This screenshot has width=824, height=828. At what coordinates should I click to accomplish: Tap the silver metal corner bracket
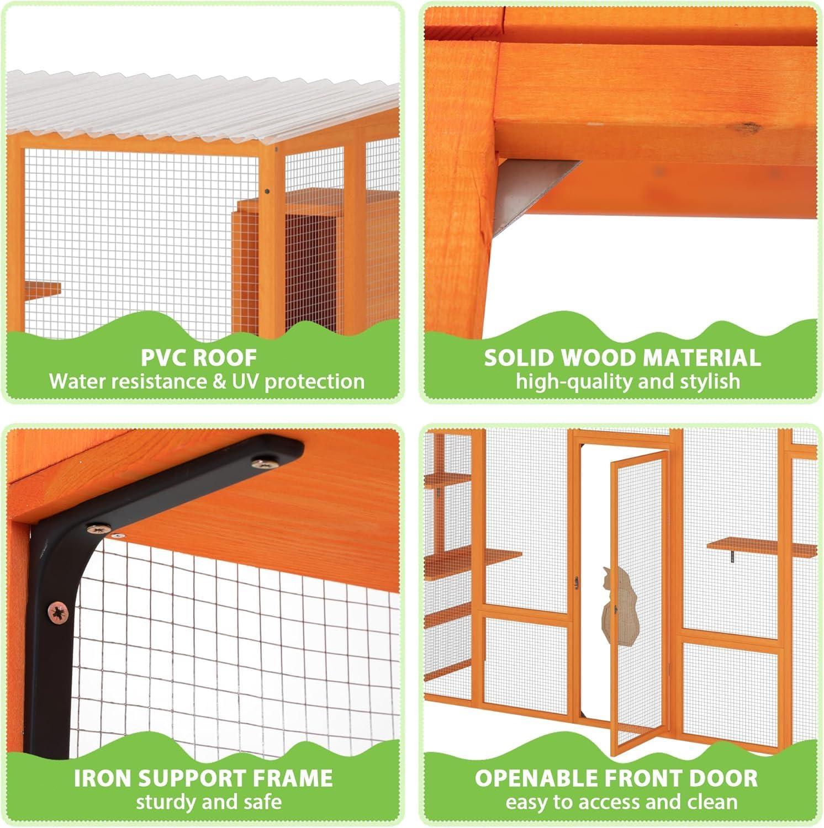tap(525, 190)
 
